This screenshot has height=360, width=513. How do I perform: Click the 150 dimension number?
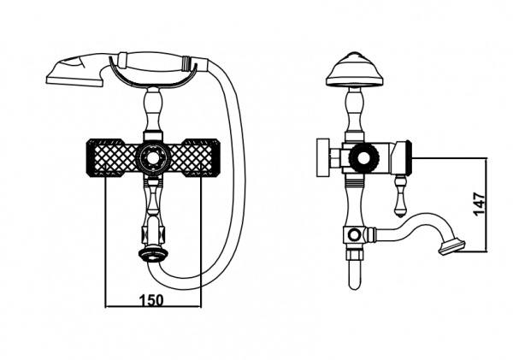point(151,299)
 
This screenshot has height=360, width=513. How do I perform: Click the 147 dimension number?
point(479,204)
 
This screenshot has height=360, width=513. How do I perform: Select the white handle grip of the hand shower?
point(154,62)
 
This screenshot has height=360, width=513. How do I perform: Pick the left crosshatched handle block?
point(111,157)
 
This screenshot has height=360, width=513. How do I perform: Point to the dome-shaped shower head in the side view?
point(355,70)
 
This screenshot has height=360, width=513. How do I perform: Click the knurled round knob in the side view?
point(363,158)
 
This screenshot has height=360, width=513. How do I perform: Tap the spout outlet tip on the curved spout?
point(453,246)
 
